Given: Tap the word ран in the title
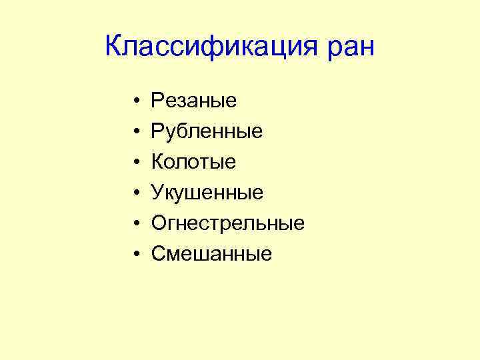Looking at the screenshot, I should click(350, 48).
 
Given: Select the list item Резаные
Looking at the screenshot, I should click(194, 101).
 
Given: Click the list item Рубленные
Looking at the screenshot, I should click(207, 132).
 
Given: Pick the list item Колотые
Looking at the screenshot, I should click(193, 162).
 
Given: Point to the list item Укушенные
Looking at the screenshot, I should click(207, 193).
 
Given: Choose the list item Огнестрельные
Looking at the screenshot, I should click(228, 223).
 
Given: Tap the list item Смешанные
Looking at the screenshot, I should click(211, 253).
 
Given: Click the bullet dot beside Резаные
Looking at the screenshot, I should click(135, 102).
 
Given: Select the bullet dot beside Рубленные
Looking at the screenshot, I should click(135, 132).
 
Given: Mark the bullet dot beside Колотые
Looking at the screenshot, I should click(135, 163).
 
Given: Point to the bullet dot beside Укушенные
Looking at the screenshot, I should click(135, 193).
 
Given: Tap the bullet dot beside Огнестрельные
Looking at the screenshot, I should click(135, 223).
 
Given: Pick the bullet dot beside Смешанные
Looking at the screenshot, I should click(135, 254).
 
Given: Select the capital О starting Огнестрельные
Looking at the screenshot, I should click(159, 223).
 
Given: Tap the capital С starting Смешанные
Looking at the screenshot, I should click(159, 253).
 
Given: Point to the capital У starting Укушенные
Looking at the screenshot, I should click(158, 193).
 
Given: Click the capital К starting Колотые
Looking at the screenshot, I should click(158, 162).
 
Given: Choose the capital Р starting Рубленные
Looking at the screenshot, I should click(158, 131).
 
